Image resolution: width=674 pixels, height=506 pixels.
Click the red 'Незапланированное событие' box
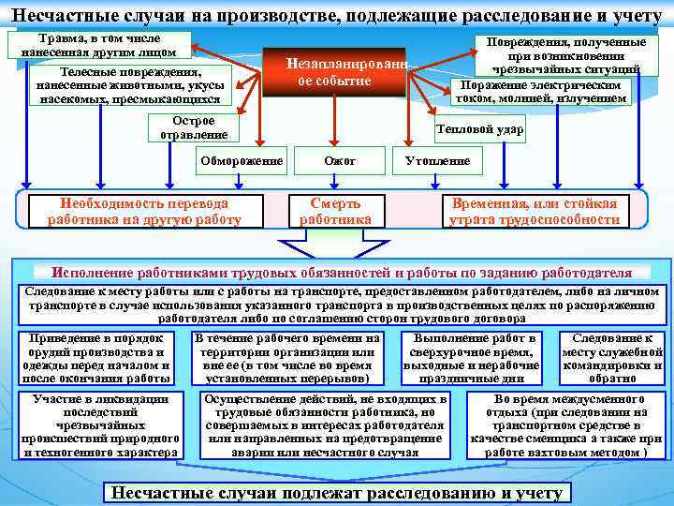[x=334, y=72]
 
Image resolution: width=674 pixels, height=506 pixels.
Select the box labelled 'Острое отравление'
[x=194, y=127]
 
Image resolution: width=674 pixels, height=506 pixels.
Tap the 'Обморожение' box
[x=241, y=161]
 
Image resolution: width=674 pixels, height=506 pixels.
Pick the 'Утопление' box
[x=437, y=161]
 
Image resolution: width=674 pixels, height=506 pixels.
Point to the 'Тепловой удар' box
[x=480, y=128]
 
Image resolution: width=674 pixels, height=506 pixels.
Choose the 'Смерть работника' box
[x=335, y=211]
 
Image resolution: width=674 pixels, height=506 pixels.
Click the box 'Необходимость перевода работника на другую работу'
[x=144, y=211]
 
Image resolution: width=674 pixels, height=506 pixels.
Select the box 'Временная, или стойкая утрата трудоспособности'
[x=535, y=211]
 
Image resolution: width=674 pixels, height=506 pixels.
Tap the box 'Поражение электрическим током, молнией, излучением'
[x=541, y=91]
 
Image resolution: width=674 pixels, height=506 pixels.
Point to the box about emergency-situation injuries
[x=559, y=55]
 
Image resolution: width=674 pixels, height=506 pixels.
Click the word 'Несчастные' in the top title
[x=57, y=13]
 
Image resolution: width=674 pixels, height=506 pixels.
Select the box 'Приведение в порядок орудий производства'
[x=96, y=357]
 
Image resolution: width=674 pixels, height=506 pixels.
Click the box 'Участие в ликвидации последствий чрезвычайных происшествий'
[x=100, y=425]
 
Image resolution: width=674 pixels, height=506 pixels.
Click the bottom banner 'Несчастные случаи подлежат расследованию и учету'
[x=336, y=492]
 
